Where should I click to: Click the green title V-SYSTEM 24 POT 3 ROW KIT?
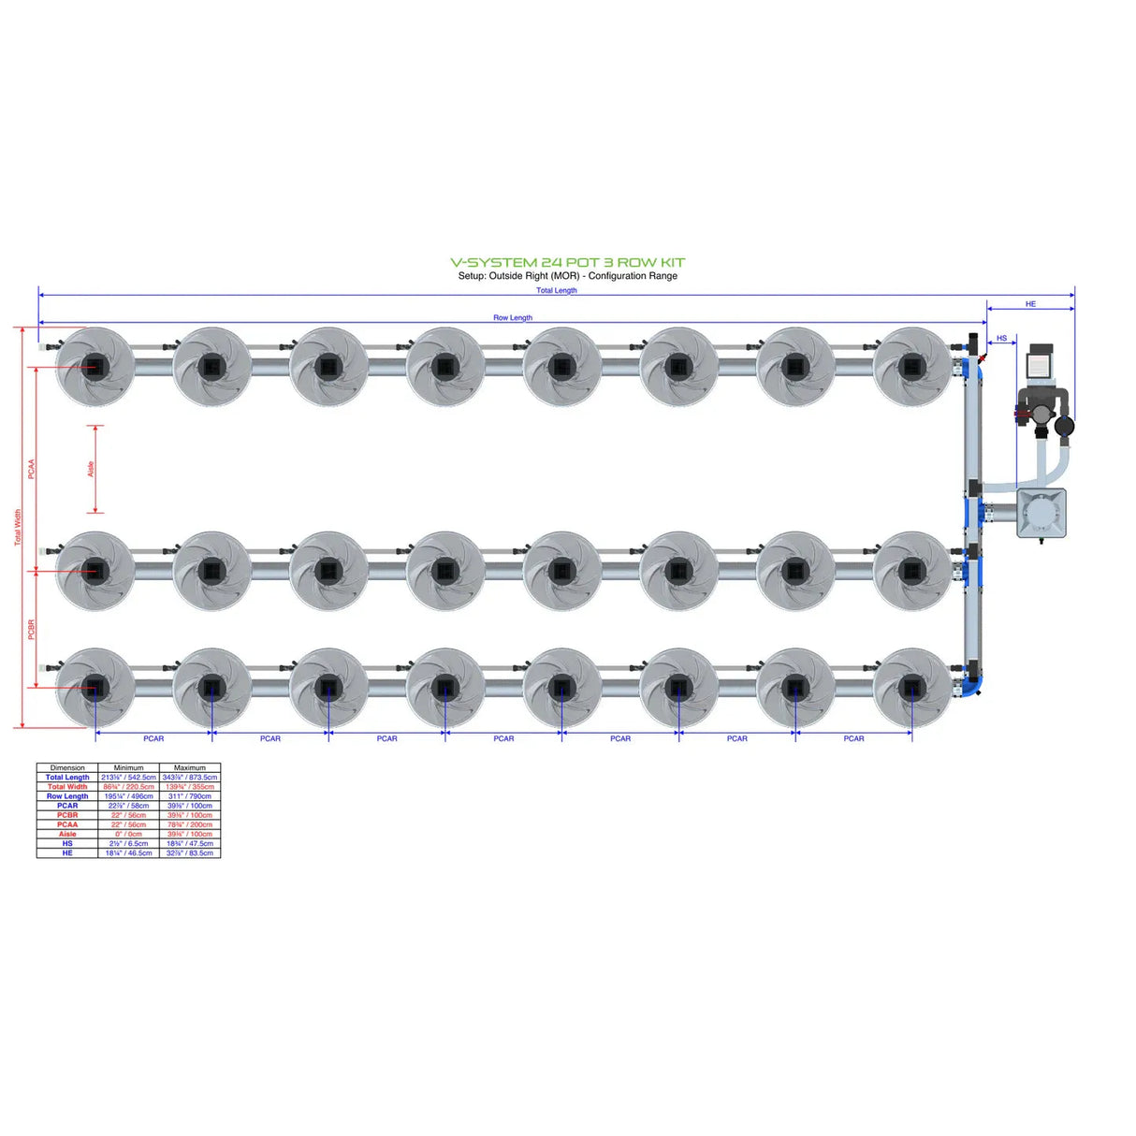pyautogui.click(x=567, y=263)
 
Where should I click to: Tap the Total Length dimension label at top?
pyautogui.click(x=556, y=291)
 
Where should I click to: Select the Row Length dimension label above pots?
pyautogui.click(x=513, y=318)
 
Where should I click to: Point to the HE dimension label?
pyautogui.click(x=1030, y=304)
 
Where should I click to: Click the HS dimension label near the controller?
pyautogui.click(x=1001, y=339)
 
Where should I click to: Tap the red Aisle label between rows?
pyautogui.click(x=91, y=469)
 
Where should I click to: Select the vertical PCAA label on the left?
pyautogui.click(x=31, y=469)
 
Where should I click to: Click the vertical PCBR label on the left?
pyautogui.click(x=31, y=629)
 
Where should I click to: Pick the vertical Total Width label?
pyautogui.click(x=17, y=528)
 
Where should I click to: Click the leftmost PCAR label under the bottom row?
pyautogui.click(x=153, y=739)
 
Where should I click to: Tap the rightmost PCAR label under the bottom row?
pyautogui.click(x=853, y=739)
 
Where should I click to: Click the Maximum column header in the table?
pyautogui.click(x=190, y=767)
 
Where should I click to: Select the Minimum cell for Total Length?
pyautogui.click(x=128, y=778)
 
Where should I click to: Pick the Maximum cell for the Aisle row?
pyautogui.click(x=190, y=834)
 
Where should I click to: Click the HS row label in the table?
pyautogui.click(x=67, y=843)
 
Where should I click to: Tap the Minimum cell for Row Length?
pyautogui.click(x=128, y=796)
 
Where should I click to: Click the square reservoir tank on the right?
pyautogui.click(x=1041, y=513)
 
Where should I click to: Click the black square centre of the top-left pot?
pyautogui.click(x=95, y=366)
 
